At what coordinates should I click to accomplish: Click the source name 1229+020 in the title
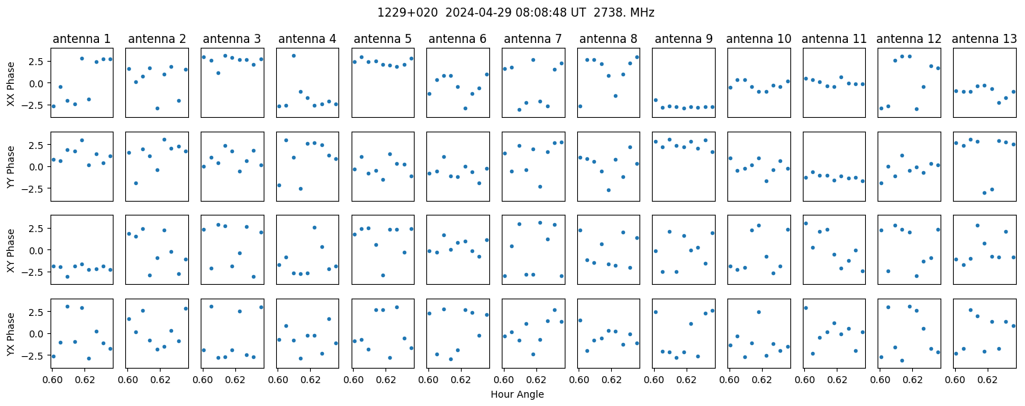[407, 12]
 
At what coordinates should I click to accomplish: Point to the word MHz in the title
[642, 12]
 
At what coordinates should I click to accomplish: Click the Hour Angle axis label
[517, 394]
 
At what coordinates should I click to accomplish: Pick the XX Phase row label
[11, 84]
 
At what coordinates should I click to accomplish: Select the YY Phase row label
[11, 167]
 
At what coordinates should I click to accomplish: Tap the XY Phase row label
[11, 250]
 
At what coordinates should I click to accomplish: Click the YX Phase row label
[11, 334]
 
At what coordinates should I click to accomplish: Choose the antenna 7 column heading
[533, 39]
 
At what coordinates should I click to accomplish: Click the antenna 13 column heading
[984, 39]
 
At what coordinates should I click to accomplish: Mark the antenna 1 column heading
[82, 39]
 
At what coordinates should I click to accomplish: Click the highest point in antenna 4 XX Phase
[293, 56]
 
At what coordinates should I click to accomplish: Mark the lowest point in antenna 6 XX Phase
[465, 109]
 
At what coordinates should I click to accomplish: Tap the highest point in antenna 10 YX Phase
[759, 312]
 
